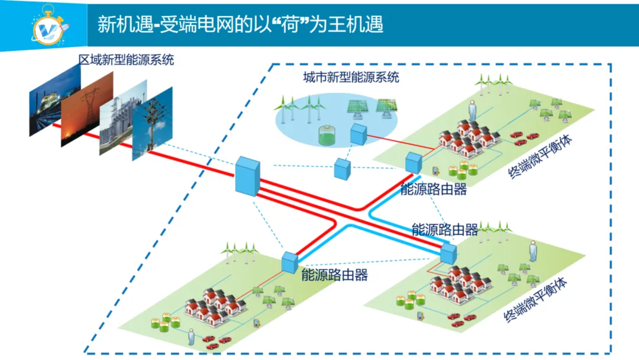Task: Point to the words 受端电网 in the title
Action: coord(186,24)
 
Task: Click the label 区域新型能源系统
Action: coord(127,59)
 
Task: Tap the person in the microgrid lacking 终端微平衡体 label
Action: coord(191,337)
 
